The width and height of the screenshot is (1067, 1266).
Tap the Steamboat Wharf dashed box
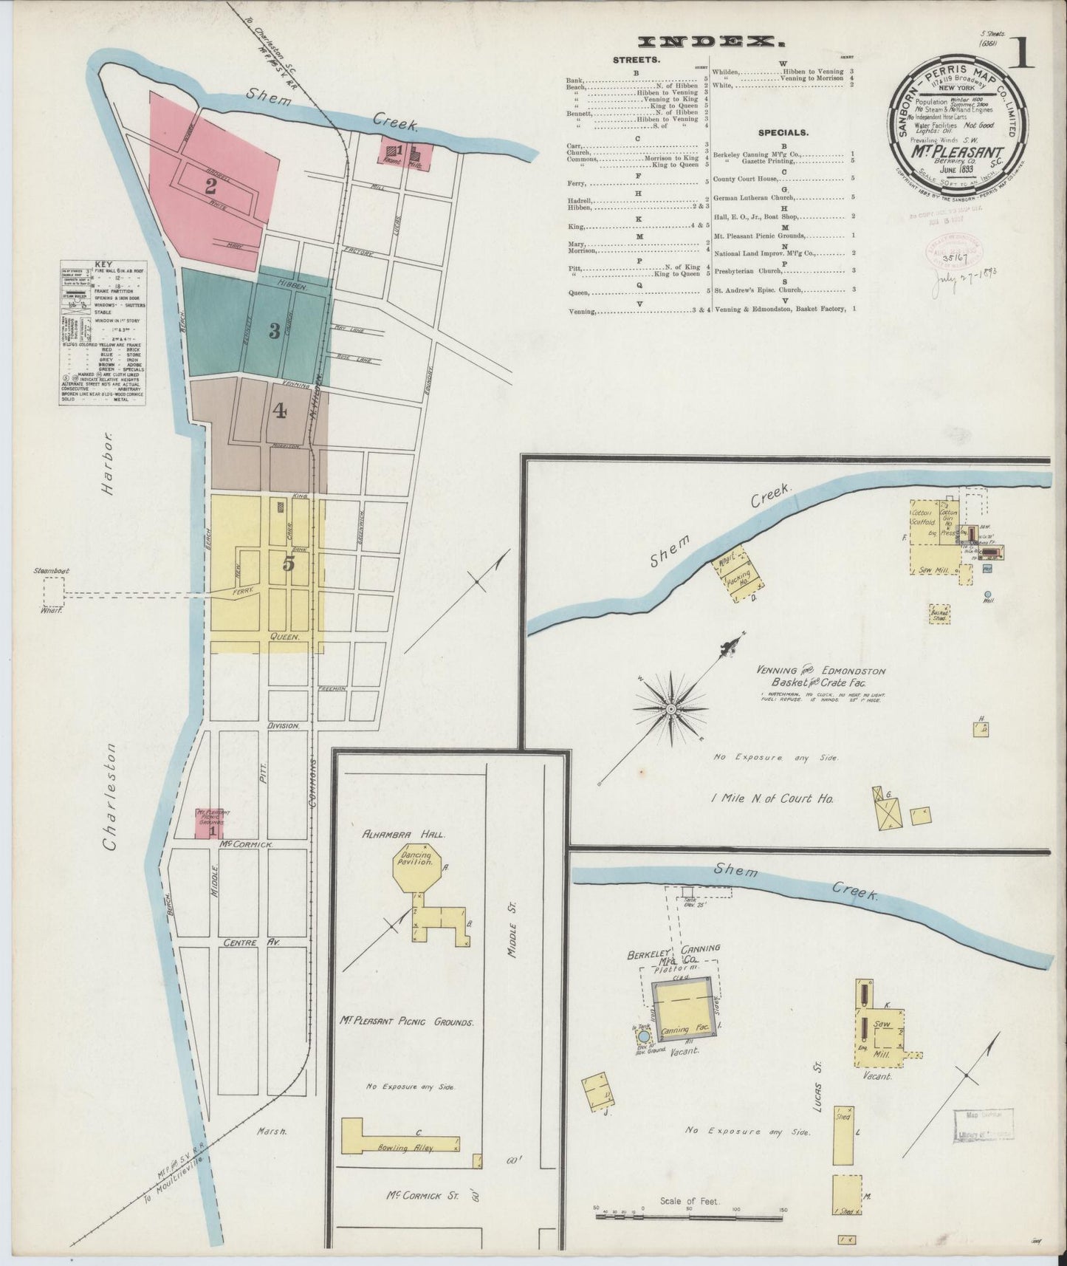pos(53,592)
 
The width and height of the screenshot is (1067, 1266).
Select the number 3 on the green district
pos(274,332)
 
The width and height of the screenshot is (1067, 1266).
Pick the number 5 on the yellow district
pos(289,564)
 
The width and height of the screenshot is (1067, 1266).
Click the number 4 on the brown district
pos(279,411)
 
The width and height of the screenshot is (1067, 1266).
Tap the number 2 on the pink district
pos(210,185)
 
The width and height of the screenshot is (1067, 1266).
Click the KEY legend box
pos(103,332)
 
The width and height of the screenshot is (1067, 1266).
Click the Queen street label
pos(285,636)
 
